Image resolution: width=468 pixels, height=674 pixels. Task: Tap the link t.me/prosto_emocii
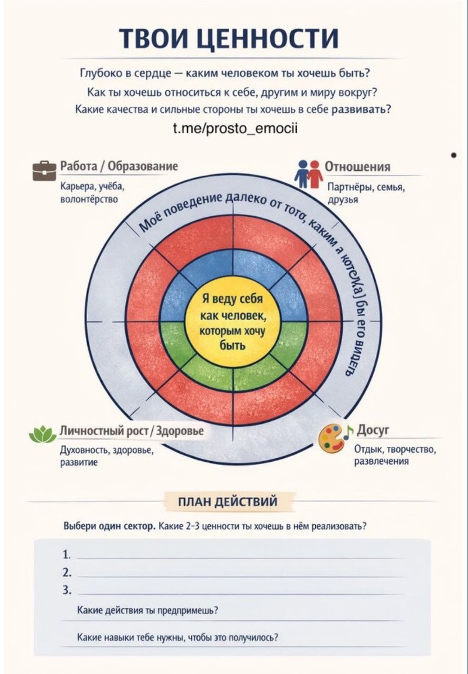pyautogui.click(x=234, y=129)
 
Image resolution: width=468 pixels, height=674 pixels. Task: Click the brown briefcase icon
pyautogui.click(x=44, y=170)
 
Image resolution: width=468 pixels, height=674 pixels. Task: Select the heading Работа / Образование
pyautogui.click(x=119, y=166)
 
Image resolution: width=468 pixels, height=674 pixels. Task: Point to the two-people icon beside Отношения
pyautogui.click(x=308, y=174)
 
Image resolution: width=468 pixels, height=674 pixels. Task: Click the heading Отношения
pyautogui.click(x=357, y=167)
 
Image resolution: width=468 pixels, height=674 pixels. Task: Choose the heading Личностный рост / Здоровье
pyautogui.click(x=131, y=431)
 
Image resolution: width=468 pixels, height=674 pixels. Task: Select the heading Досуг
pyautogui.click(x=373, y=430)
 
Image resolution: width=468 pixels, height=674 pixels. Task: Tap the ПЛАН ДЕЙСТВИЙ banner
pyautogui.click(x=228, y=502)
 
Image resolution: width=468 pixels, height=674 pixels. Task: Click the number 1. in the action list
pyautogui.click(x=67, y=554)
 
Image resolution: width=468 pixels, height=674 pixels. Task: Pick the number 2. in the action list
pyautogui.click(x=67, y=572)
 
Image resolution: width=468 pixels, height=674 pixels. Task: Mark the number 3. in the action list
pyautogui.click(x=67, y=590)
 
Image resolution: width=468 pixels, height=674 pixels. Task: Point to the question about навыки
pyautogui.click(x=178, y=637)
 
